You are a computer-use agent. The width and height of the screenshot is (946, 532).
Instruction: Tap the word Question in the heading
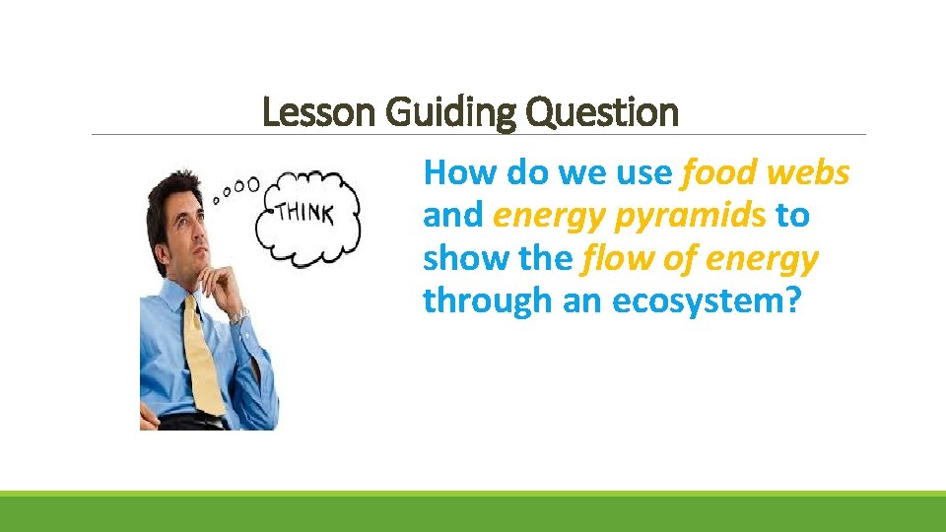tap(603, 112)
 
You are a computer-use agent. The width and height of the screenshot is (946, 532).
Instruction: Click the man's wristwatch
tap(237, 315)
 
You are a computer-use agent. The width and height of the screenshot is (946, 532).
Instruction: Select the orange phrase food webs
tap(765, 173)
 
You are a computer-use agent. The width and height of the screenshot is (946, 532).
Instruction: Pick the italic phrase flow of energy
tap(700, 259)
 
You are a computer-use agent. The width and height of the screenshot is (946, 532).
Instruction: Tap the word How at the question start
tap(460, 173)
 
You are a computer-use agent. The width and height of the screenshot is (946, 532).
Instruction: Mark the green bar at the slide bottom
tap(473, 512)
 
